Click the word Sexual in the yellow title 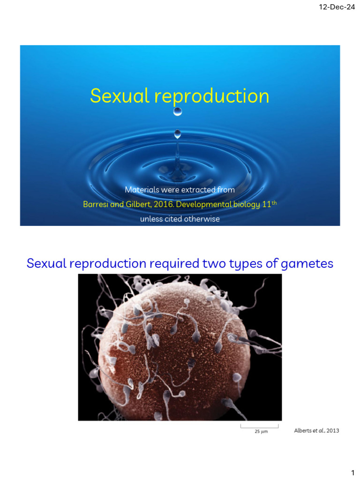(x=119, y=96)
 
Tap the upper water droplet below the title (x=178, y=112)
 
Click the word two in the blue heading (x=217, y=263)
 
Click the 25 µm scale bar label (x=261, y=432)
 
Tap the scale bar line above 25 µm (x=260, y=427)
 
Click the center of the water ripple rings (x=177, y=165)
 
